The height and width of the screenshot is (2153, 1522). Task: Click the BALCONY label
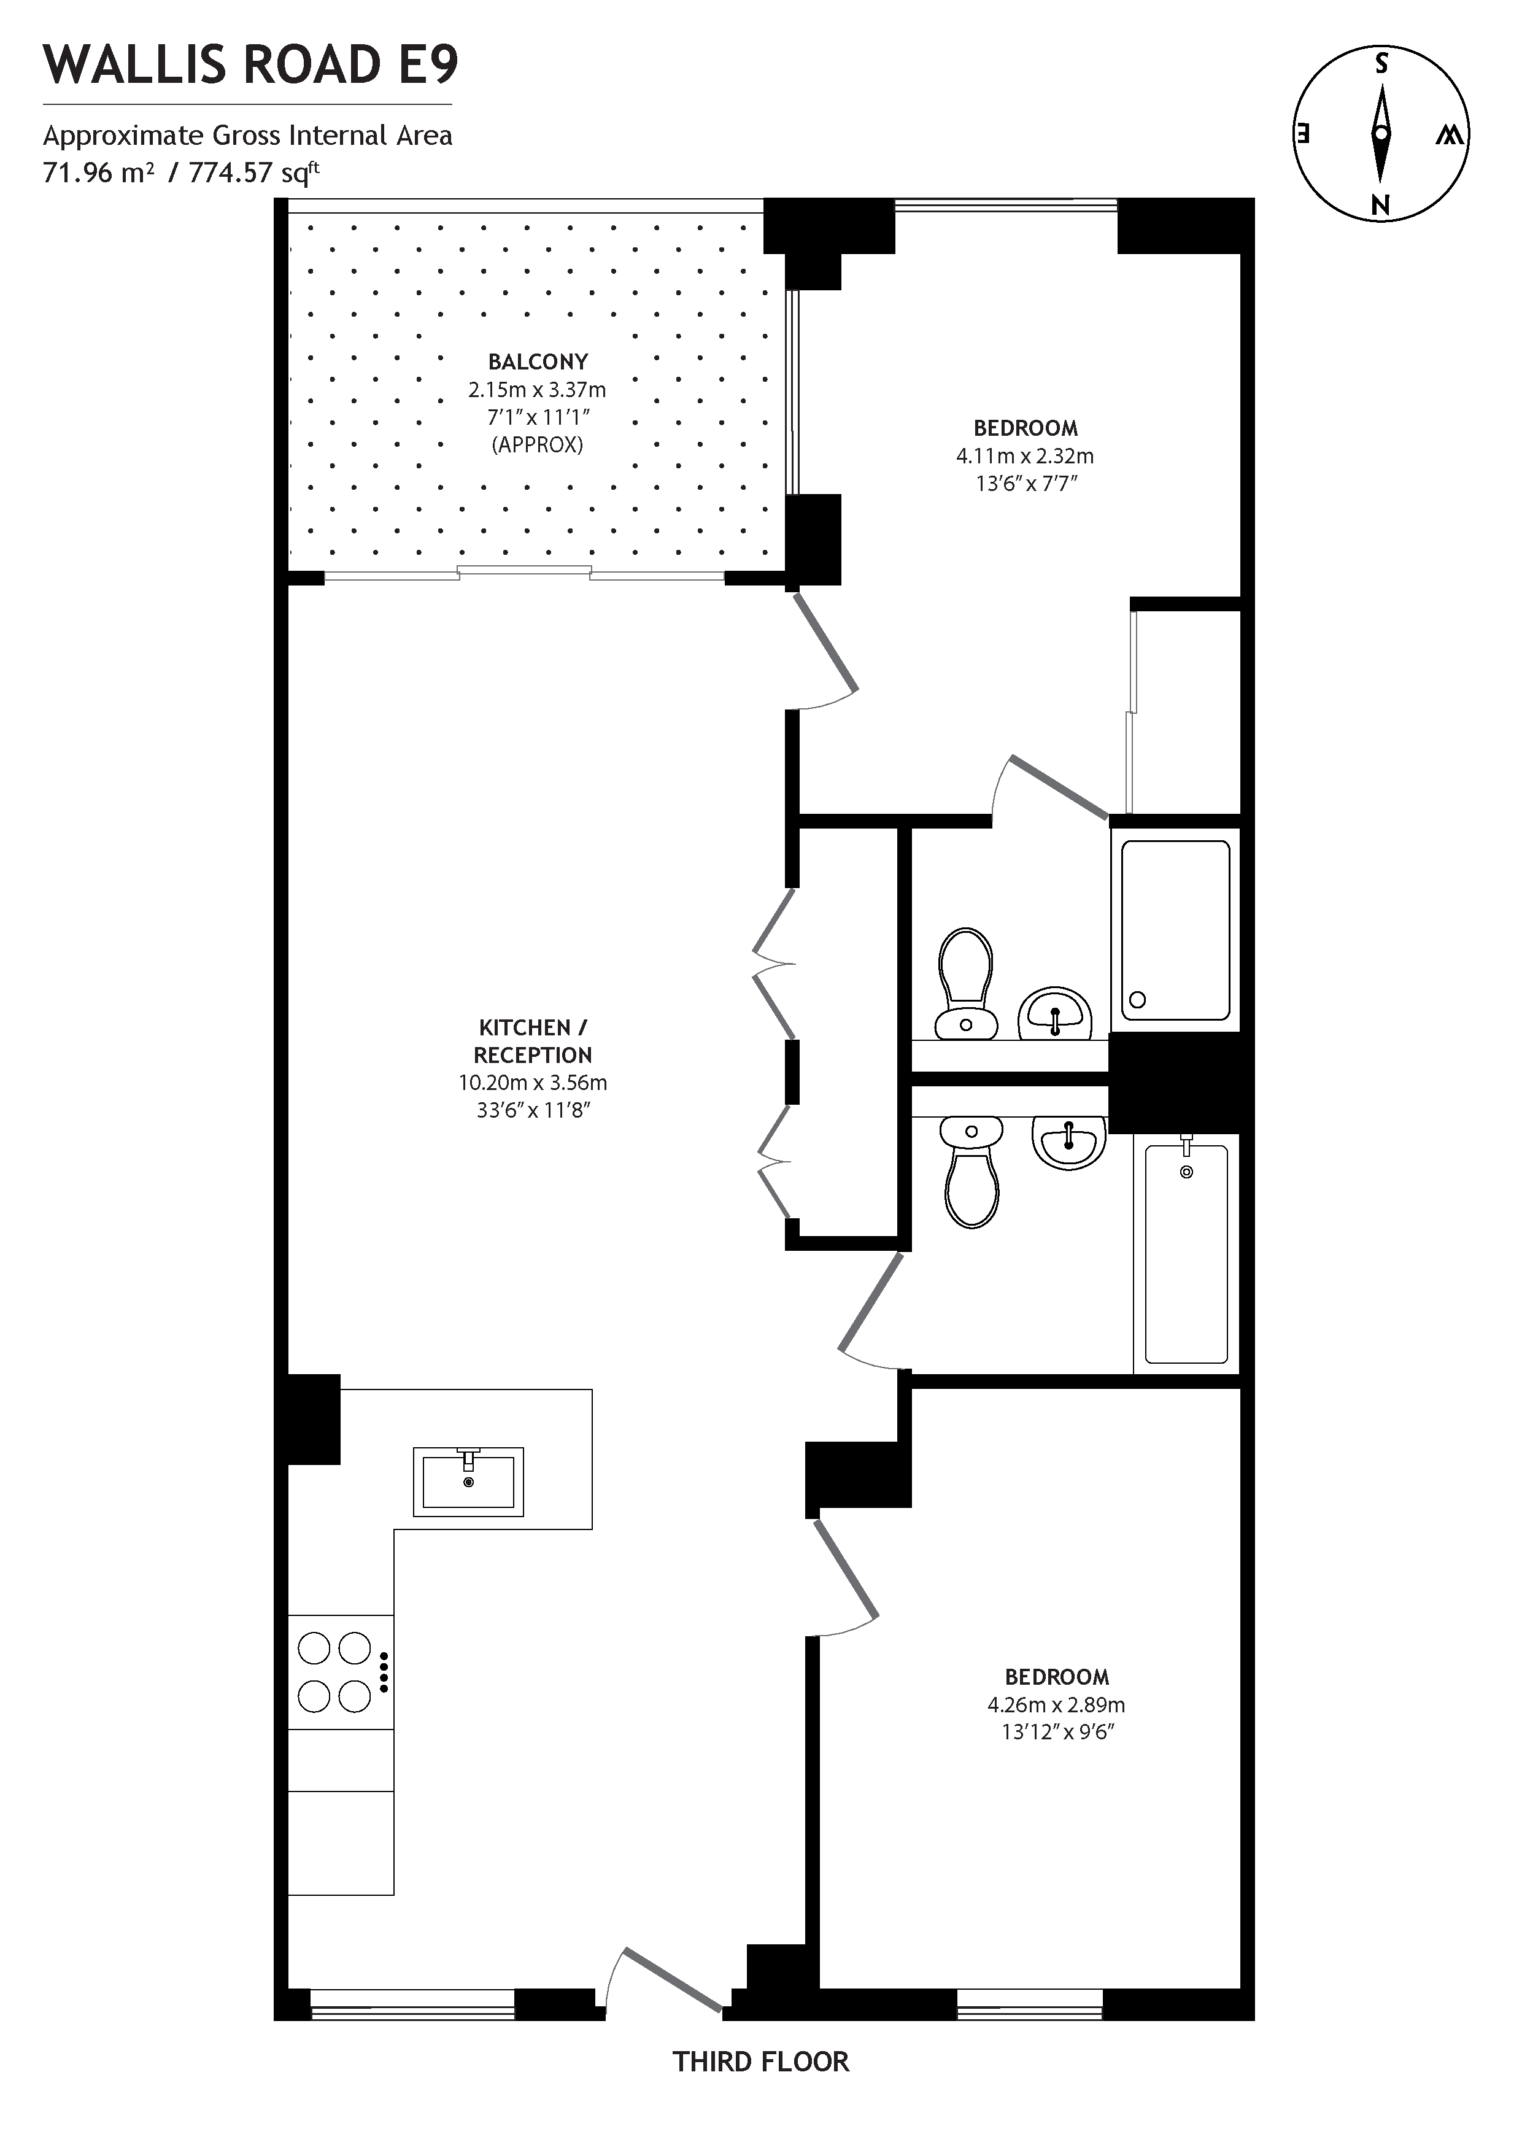(538, 362)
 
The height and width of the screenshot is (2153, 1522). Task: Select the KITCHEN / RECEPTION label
(533, 1041)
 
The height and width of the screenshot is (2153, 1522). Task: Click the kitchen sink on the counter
(468, 1482)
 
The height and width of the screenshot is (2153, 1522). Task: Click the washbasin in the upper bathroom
(1055, 1013)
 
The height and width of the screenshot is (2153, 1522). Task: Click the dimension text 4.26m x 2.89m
(1056, 1705)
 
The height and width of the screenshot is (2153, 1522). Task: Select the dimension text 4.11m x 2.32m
(1024, 457)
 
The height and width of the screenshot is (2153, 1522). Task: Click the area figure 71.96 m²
(98, 172)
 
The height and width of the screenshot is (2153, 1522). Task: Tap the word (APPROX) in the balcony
(538, 444)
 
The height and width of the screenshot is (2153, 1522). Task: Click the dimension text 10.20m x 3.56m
(533, 1083)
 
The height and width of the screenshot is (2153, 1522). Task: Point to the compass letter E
(1302, 133)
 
